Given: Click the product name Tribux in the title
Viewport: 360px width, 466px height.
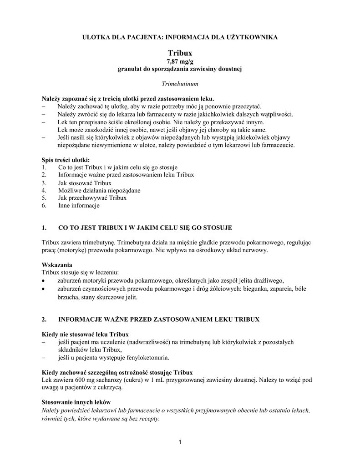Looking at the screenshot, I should coord(180,53).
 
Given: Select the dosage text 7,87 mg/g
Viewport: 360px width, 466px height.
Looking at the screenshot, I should coord(180,61).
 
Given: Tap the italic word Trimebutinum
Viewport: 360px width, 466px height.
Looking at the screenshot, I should coord(180,84).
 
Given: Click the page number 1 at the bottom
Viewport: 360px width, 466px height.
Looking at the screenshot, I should coord(180,442).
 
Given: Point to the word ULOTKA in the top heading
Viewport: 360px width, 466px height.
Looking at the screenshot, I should coord(94,37).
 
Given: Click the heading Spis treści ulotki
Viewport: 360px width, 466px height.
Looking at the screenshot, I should coord(66,160).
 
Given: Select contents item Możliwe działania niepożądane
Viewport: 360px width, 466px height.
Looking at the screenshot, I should coord(99,190).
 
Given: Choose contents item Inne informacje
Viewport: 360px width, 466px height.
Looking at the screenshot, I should coord(78,206).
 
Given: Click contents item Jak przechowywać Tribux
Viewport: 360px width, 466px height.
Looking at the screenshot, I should coord(92,198).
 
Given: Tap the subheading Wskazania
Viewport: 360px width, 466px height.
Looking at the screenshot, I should coord(56,264).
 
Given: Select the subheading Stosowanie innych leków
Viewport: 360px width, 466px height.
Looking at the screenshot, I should coord(76,402).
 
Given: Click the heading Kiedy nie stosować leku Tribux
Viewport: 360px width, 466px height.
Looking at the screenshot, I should coord(85,334).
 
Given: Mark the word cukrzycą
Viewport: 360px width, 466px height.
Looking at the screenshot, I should coord(110,387).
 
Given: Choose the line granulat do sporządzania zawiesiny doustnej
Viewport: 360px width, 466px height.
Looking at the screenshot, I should coord(180,69).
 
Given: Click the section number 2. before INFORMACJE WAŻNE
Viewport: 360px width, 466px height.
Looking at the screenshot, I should coord(44,319).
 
